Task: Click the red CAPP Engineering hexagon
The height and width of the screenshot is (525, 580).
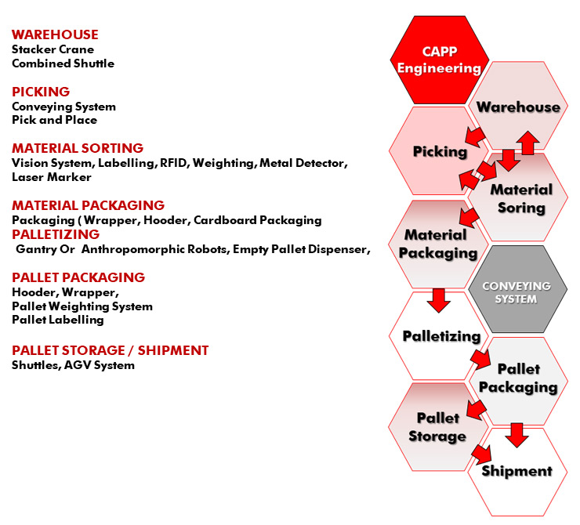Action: click(440, 60)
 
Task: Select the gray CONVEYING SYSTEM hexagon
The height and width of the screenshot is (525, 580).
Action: click(517, 289)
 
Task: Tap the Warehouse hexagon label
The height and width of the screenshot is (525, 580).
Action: click(518, 107)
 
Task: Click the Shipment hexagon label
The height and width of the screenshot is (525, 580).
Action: click(517, 471)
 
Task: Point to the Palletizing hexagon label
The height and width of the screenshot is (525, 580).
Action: click(441, 336)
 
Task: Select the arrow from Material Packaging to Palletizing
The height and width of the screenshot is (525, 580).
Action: click(439, 301)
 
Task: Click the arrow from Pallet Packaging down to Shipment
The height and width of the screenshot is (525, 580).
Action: click(517, 435)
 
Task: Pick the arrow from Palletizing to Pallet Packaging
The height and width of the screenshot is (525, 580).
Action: click(480, 359)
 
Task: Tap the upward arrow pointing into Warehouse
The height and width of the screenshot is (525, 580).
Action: click(527, 143)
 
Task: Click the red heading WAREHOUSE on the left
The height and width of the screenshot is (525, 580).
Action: click(55, 34)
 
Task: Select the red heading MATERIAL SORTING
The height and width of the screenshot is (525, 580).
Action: click(78, 148)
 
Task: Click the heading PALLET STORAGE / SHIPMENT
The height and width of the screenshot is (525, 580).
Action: click(111, 350)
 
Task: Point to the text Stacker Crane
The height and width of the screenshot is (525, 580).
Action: click(53, 49)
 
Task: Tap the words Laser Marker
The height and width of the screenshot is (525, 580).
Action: click(52, 177)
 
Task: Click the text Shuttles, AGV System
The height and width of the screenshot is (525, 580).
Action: click(73, 365)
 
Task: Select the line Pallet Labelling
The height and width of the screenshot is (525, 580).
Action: click(58, 320)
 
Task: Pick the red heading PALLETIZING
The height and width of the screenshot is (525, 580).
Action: click(56, 234)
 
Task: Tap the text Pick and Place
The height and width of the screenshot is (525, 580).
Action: click(54, 120)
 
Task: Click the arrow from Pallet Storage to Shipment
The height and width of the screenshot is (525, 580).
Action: click(481, 454)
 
